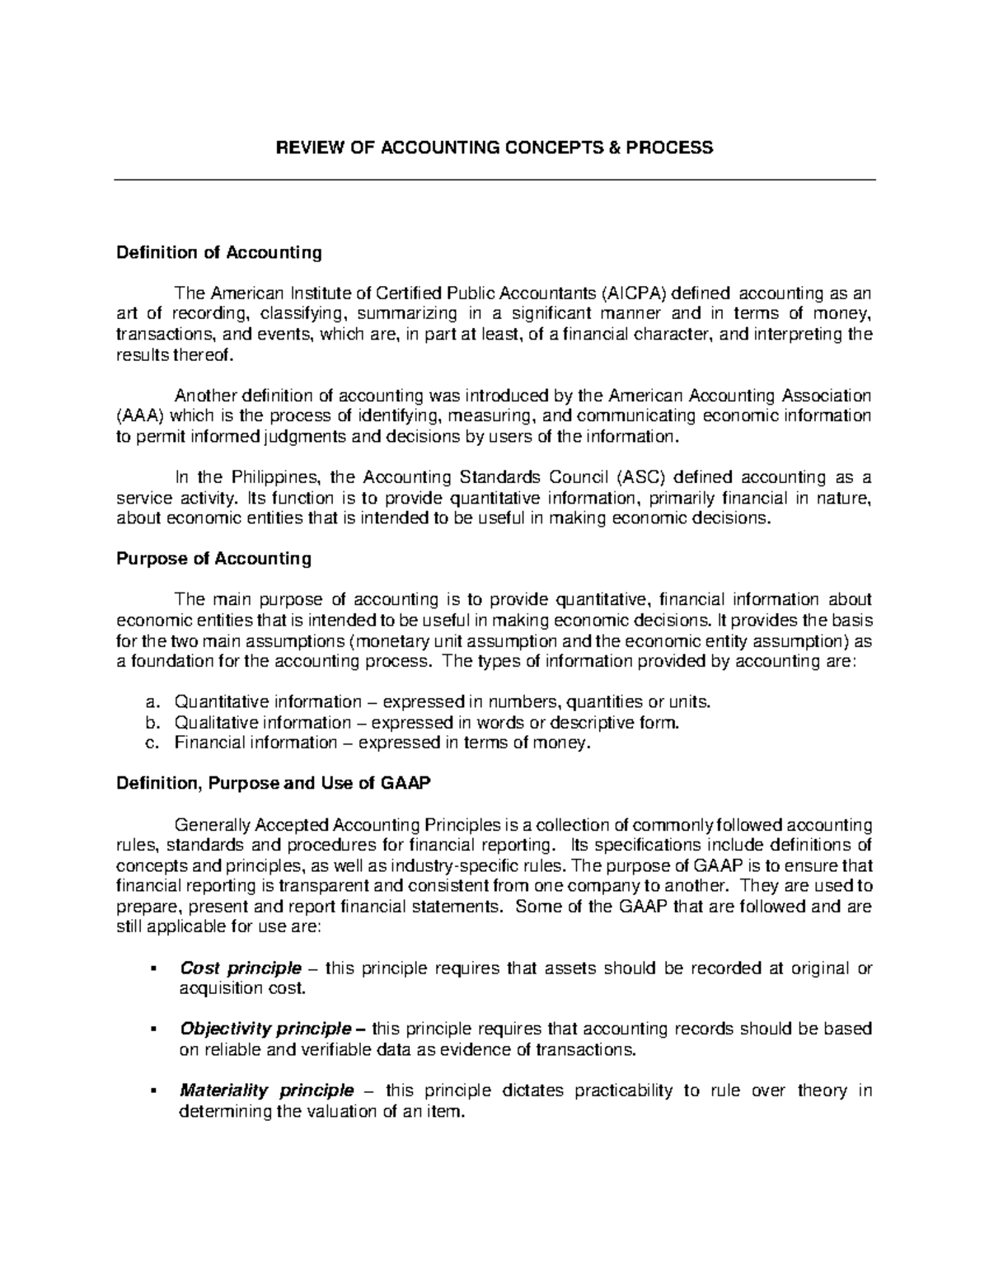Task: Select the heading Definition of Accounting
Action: click(x=218, y=252)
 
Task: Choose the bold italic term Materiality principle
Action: click(x=266, y=1090)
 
